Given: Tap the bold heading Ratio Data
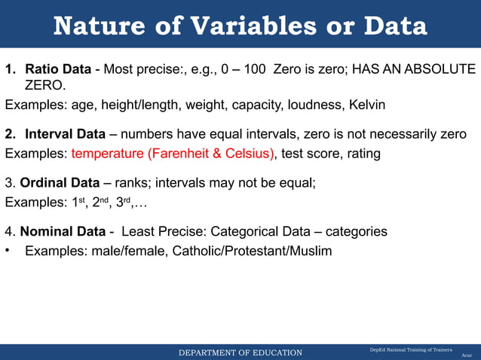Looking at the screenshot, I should (58, 69).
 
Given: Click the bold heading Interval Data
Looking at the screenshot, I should (65, 135).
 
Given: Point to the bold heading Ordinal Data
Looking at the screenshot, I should (59, 182).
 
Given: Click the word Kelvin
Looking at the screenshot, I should (366, 105).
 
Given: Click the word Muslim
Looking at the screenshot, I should (308, 251).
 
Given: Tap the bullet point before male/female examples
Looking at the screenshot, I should (9, 251).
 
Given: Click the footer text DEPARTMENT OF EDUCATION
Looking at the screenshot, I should (240, 352).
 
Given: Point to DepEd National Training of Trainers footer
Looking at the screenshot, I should (410, 350).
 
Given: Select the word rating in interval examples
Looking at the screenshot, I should (361, 154).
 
